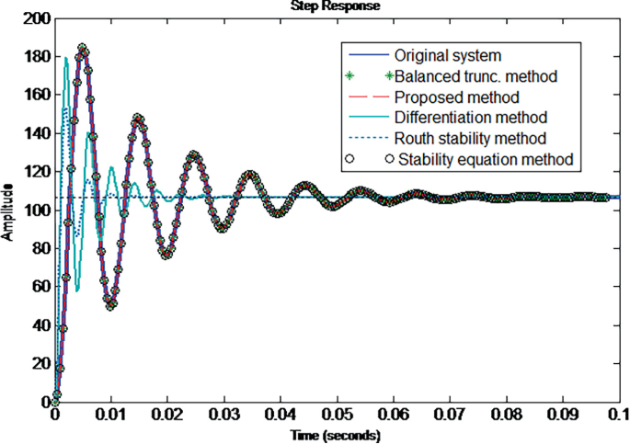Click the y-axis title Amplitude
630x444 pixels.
pyautogui.click(x=7, y=210)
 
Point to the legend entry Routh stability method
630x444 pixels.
pyautogui.click(x=470, y=139)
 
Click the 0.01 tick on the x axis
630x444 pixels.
pyautogui.click(x=111, y=416)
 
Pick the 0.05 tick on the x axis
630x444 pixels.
pyautogui.click(x=338, y=416)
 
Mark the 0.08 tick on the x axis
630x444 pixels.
pyautogui.click(x=508, y=416)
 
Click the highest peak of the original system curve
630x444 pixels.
pyautogui.click(x=83, y=48)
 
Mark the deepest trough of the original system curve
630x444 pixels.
pyautogui.click(x=111, y=304)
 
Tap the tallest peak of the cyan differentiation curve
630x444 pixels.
pyautogui.click(x=66, y=58)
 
